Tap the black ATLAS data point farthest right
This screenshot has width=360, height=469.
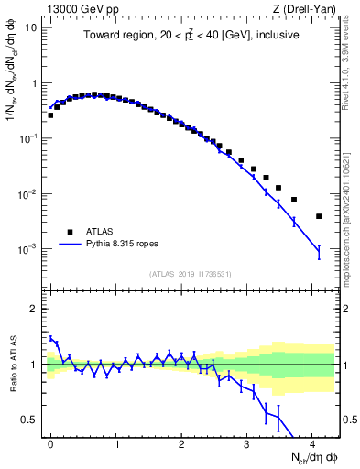pos(318,216)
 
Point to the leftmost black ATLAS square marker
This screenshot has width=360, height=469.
pos(50,115)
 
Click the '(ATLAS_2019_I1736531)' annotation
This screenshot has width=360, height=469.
pos(189,273)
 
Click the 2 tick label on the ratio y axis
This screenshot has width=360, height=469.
pos(35,309)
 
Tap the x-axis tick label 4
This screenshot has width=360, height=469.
pos(311,443)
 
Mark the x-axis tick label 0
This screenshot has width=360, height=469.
pos(50,443)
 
